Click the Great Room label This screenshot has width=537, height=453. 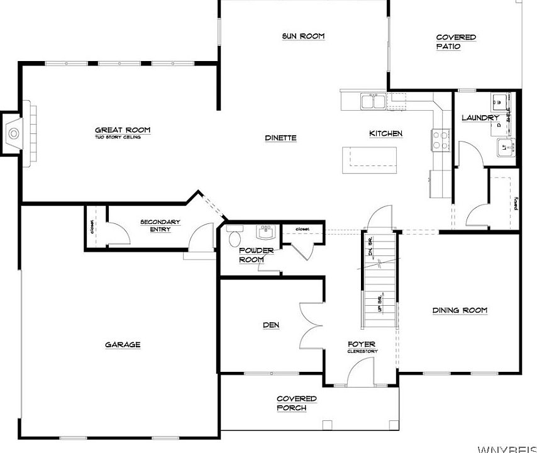tap(123, 130)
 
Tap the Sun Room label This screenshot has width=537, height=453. tap(303, 36)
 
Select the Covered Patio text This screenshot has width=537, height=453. tap(456, 42)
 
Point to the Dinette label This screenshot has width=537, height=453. tap(280, 138)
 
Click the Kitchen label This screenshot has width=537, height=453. tap(385, 133)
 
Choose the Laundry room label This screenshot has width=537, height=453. tap(480, 118)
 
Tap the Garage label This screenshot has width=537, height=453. tap(123, 344)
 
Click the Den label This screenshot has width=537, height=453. tap(271, 325)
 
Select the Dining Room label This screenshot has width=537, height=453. tap(460, 310)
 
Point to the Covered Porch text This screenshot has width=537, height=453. tap(297, 403)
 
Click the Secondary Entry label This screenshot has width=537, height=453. tap(160, 225)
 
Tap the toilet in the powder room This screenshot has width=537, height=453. tap(235, 237)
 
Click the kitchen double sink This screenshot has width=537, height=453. tap(373, 101)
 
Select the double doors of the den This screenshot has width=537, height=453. tap(311, 325)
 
